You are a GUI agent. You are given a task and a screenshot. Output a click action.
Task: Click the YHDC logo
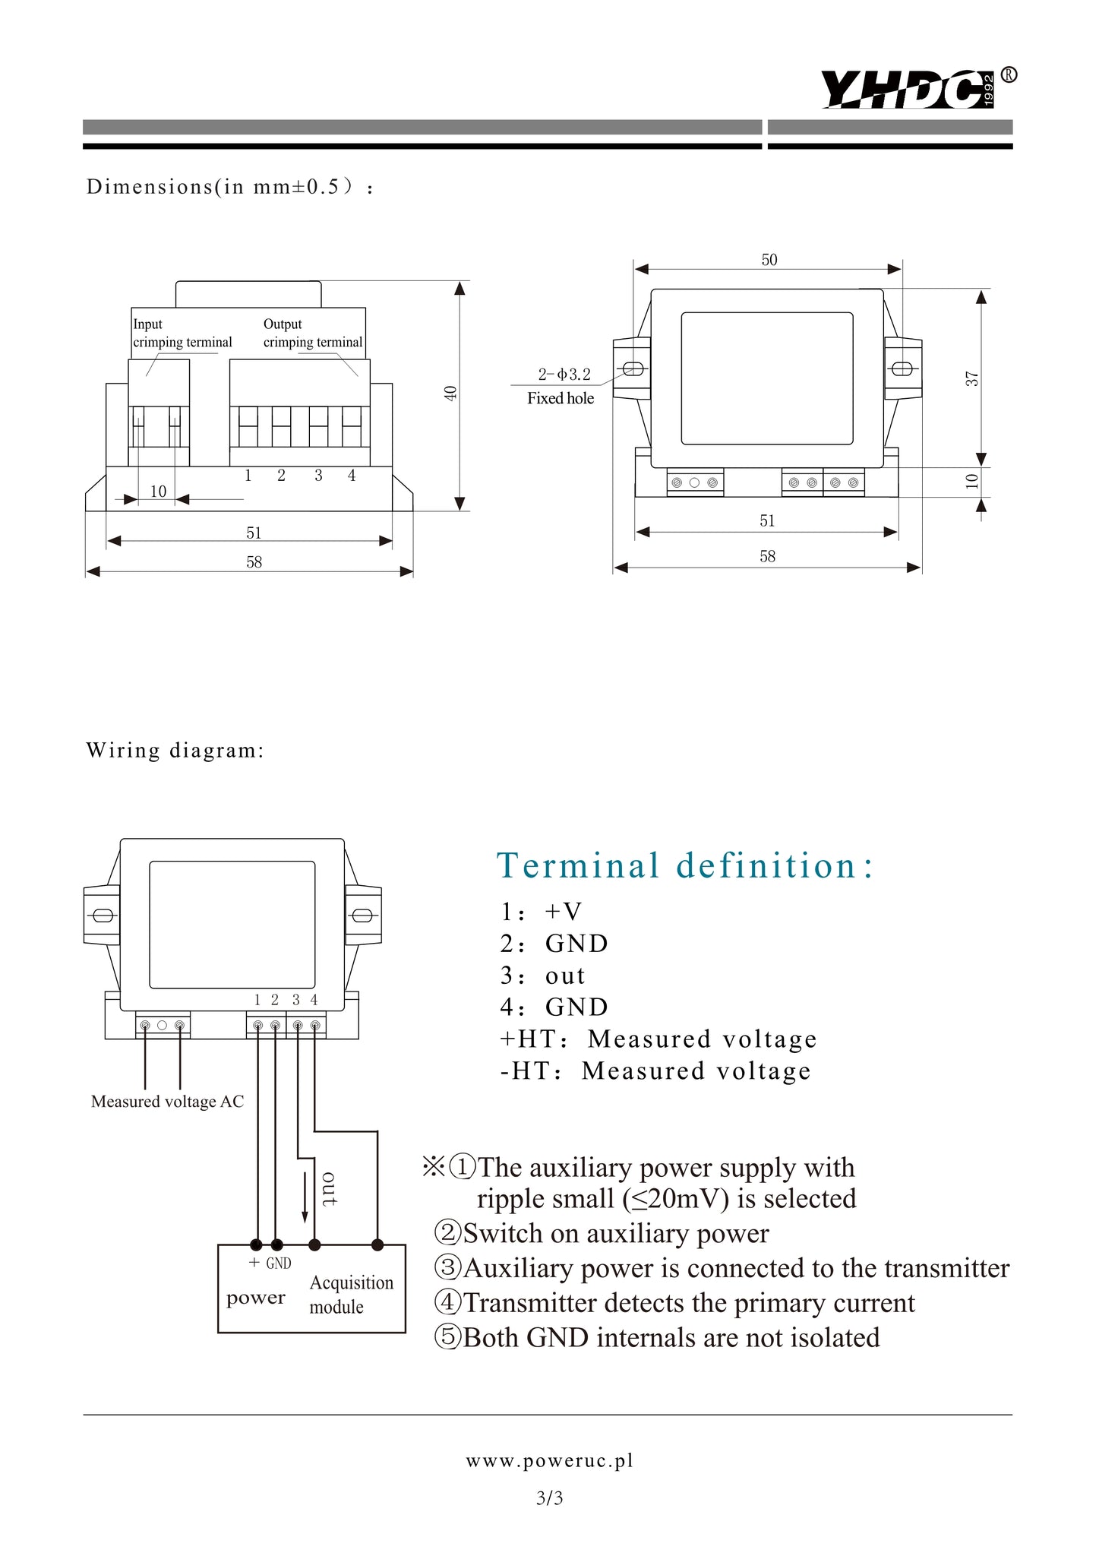[x=908, y=90]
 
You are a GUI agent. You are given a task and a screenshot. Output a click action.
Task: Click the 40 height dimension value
[x=450, y=394]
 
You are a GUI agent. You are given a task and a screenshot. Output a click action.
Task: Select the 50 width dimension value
[x=769, y=260]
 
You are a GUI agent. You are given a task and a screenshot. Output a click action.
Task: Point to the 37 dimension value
[x=972, y=378]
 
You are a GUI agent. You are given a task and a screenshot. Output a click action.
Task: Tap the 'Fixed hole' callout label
[x=561, y=398]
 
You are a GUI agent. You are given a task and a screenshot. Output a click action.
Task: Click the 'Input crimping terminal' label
[x=182, y=333]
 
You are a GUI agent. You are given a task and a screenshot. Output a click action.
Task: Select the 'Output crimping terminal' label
[x=312, y=333]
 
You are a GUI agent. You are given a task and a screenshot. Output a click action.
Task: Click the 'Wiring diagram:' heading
[x=175, y=751]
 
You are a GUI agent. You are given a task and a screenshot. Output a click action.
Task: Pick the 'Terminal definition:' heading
[x=685, y=865]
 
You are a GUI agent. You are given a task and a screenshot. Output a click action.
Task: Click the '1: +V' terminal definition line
[x=541, y=911]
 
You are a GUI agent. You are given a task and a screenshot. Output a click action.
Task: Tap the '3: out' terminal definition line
[x=542, y=975]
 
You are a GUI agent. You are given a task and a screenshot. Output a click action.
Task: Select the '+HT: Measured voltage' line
[x=658, y=1039]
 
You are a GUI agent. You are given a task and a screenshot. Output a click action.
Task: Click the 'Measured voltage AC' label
[x=167, y=1102]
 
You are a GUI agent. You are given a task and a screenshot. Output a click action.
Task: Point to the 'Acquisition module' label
[x=351, y=1294]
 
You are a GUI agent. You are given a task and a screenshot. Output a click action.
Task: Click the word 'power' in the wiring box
[x=255, y=1298]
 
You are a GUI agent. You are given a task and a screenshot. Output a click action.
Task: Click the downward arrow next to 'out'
[x=305, y=1197]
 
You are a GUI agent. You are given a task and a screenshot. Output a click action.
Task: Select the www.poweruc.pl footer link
[x=549, y=1460]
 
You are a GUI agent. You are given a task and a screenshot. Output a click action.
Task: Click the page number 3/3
[x=549, y=1498]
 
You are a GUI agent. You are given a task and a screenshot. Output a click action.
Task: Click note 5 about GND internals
[x=657, y=1337]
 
